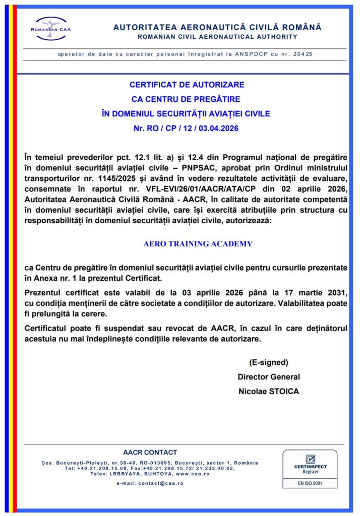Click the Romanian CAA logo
click(x=51, y=28)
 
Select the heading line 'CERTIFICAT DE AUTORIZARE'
click(x=187, y=85)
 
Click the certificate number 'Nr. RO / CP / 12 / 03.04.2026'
click(x=187, y=128)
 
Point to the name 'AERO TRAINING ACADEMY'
click(x=198, y=244)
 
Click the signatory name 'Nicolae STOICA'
click(x=268, y=392)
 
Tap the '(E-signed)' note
click(x=268, y=362)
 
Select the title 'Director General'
click(x=268, y=377)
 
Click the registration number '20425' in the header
click(x=308, y=54)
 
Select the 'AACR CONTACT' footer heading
click(x=150, y=453)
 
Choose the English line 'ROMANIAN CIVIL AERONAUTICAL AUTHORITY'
click(x=217, y=37)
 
